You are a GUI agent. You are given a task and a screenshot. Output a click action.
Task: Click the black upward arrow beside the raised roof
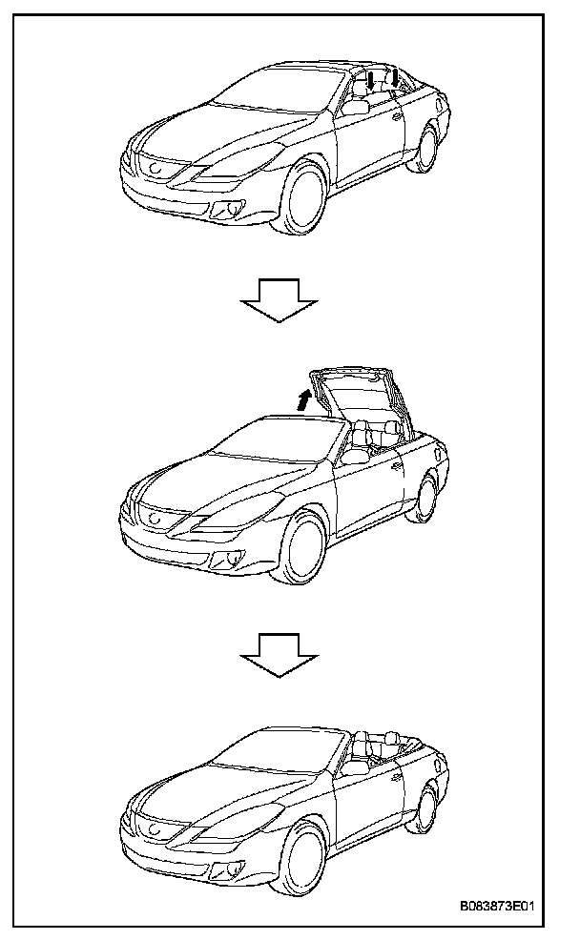[x=303, y=399]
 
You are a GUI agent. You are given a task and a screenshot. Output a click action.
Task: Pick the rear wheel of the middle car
[x=426, y=498]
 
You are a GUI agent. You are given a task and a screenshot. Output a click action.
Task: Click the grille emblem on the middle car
[x=153, y=519]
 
